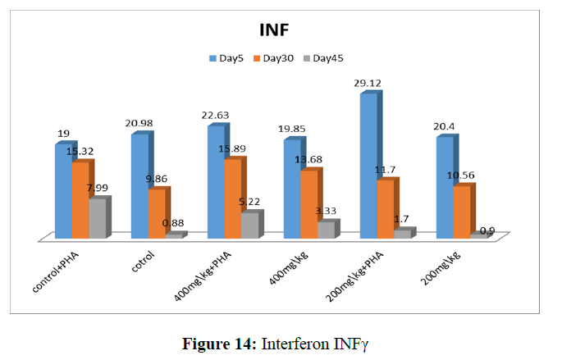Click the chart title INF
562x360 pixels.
point(276,30)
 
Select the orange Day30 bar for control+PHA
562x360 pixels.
point(80,200)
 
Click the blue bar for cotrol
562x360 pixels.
point(139,185)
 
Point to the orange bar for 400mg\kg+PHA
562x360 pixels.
point(233,198)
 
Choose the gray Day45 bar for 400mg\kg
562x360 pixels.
point(326,230)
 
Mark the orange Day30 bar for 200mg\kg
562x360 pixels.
point(462,212)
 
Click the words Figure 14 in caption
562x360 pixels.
point(217,342)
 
